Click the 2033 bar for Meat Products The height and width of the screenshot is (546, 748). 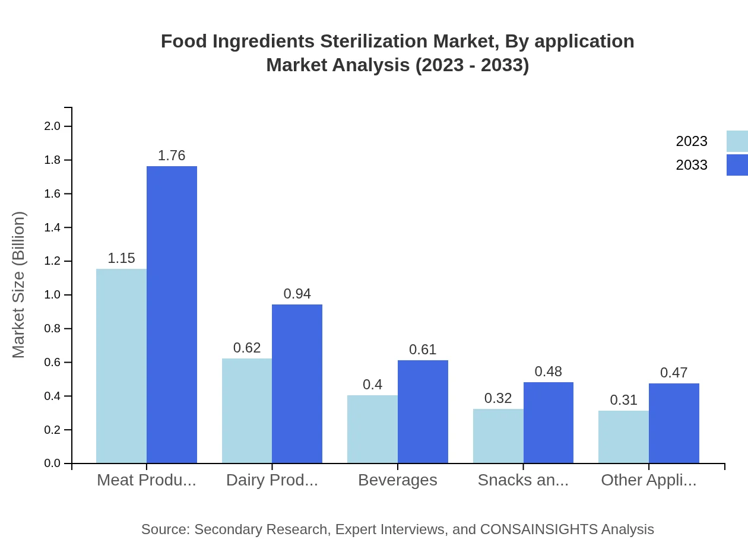(x=172, y=315)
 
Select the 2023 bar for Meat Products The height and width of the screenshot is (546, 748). (x=121, y=366)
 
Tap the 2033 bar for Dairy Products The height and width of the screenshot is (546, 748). (x=297, y=383)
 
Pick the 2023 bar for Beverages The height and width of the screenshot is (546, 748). (x=372, y=429)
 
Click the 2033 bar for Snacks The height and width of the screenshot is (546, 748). (x=549, y=423)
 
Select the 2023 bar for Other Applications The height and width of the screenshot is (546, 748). (x=623, y=437)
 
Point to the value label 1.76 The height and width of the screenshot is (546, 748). (x=172, y=155)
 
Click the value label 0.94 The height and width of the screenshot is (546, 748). (x=297, y=294)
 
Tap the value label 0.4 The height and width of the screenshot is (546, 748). (x=372, y=385)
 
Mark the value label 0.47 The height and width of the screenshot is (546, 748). (x=674, y=373)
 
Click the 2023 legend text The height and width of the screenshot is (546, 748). (x=692, y=141)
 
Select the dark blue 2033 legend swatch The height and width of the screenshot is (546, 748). (x=737, y=165)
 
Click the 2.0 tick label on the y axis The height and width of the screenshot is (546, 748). (x=52, y=126)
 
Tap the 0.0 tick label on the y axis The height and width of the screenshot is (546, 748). (x=52, y=464)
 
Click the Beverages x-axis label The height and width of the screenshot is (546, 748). (x=397, y=480)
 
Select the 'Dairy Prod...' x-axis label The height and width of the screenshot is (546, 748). (x=272, y=480)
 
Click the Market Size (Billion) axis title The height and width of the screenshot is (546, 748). (x=19, y=285)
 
